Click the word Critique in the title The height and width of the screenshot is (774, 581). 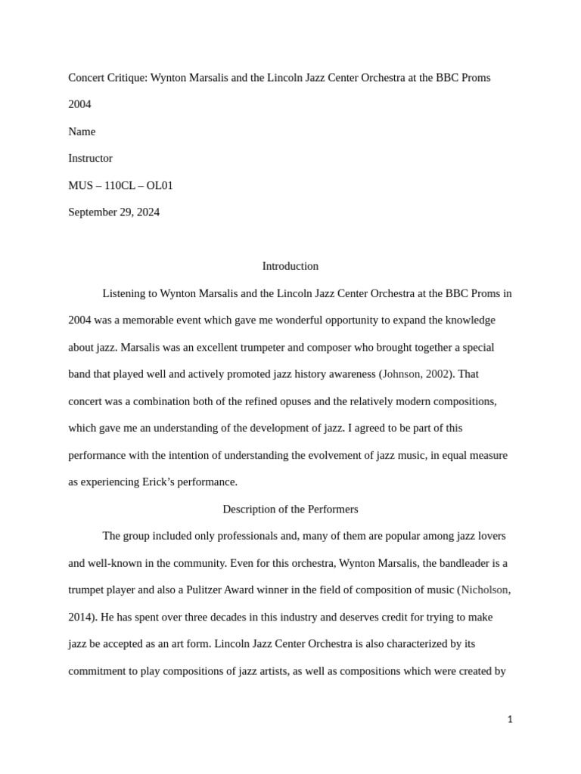(x=126, y=78)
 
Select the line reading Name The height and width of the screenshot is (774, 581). (x=82, y=132)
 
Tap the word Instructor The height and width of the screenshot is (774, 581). (x=90, y=159)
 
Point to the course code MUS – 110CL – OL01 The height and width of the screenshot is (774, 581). (x=120, y=185)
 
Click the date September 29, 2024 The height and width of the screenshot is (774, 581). (x=113, y=212)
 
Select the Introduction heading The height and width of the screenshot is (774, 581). (x=290, y=266)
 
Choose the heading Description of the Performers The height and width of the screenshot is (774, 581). (x=290, y=509)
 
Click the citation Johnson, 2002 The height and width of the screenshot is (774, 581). (x=416, y=374)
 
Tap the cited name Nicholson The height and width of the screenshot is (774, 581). (x=484, y=590)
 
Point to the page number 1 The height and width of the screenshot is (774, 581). (x=510, y=720)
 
